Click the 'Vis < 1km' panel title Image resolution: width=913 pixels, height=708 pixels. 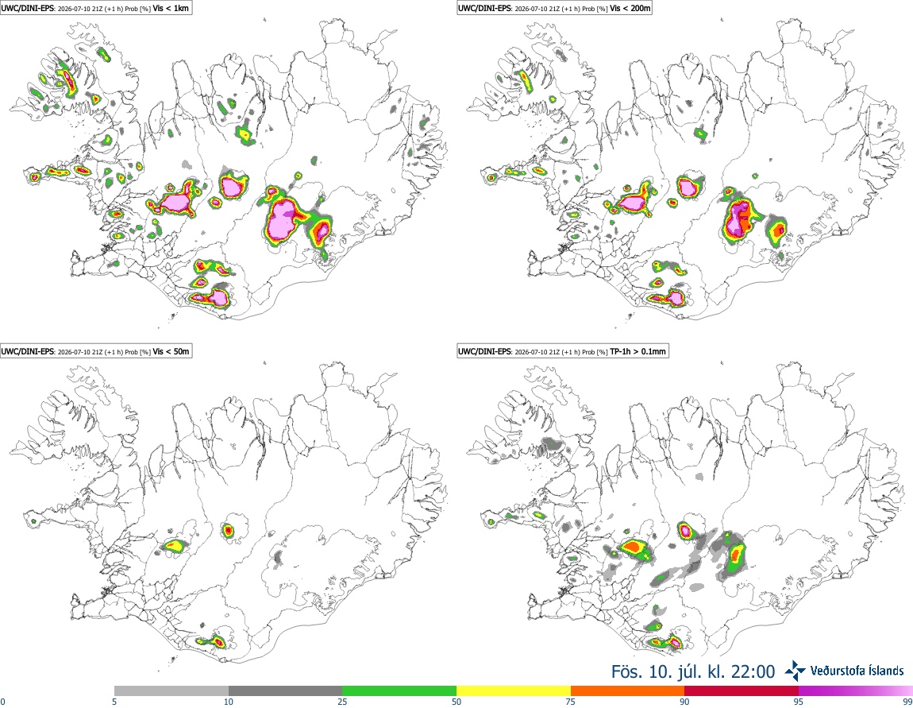click(171, 9)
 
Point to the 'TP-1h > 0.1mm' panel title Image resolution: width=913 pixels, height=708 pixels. click(638, 351)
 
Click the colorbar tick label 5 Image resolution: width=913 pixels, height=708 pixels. click(114, 702)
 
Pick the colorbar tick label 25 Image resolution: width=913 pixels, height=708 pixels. click(342, 702)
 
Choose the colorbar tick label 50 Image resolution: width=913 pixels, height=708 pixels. click(456, 702)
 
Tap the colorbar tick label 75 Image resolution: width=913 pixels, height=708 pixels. click(571, 702)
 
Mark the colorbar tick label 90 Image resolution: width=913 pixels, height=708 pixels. click(684, 702)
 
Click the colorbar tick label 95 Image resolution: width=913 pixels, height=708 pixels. click(799, 702)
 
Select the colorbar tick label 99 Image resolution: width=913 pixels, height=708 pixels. click(907, 702)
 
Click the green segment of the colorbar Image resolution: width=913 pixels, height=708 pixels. click(399, 691)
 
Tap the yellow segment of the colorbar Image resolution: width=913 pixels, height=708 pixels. click(514, 691)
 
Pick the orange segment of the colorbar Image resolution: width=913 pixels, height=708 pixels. click(628, 691)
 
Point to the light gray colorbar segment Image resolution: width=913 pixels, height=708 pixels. click(171, 691)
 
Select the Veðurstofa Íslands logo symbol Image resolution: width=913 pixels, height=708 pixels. click(796, 671)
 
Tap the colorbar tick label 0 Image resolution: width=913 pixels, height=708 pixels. click(3, 702)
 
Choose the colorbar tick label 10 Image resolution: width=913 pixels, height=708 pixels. click(229, 702)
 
